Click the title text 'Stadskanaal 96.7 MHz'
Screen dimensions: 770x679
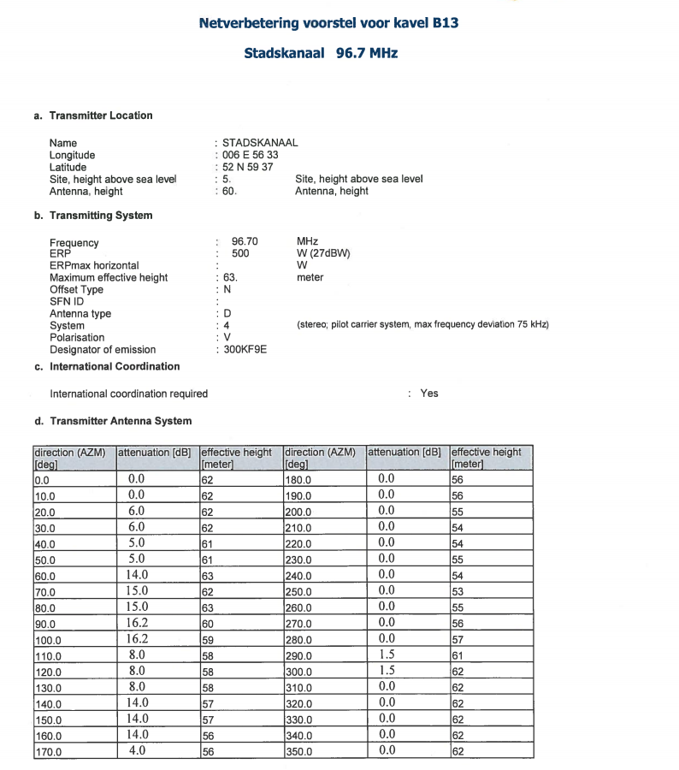point(321,53)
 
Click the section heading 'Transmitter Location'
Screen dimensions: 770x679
point(101,115)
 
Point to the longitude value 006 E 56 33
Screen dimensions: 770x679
point(250,155)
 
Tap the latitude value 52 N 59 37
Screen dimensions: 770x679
point(247,167)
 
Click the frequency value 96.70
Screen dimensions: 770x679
point(245,242)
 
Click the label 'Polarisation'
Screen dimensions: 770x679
point(77,337)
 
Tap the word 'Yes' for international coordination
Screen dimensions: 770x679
point(429,394)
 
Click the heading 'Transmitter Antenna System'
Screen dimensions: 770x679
point(121,421)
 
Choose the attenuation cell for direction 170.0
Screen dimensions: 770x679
point(137,751)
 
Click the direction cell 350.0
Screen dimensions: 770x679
point(298,752)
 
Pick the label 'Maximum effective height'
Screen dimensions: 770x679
point(109,277)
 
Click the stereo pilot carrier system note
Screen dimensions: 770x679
point(422,325)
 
